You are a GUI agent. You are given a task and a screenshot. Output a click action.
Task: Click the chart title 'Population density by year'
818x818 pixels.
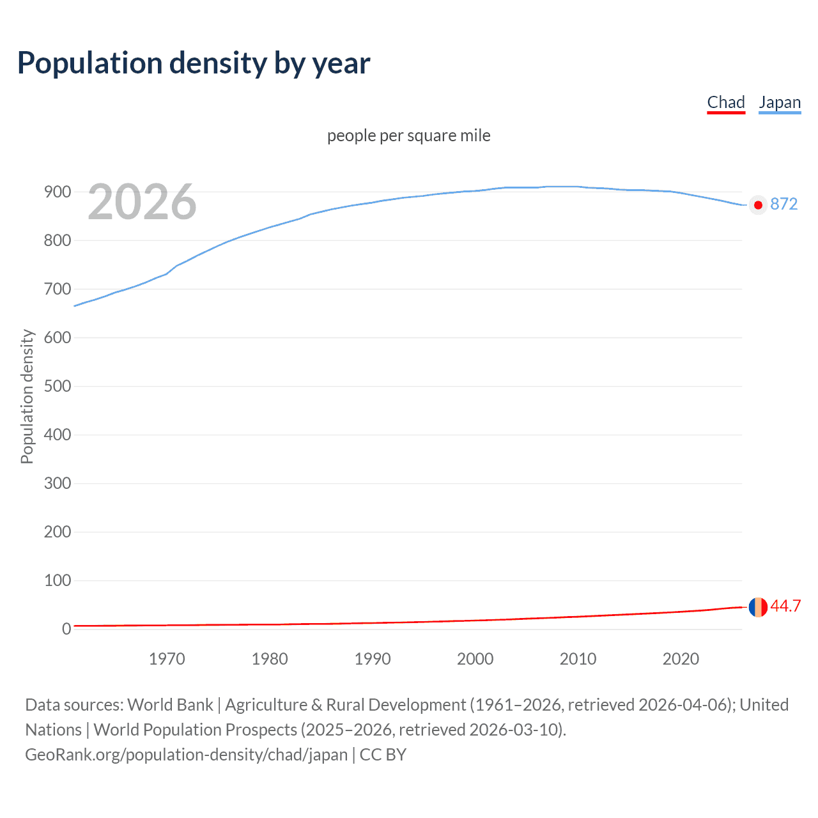(x=194, y=63)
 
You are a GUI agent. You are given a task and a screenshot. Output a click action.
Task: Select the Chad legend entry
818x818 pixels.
(x=726, y=102)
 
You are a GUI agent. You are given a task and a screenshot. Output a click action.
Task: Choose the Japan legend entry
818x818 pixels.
(x=780, y=102)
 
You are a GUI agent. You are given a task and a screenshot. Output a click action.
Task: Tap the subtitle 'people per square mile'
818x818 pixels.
(x=408, y=135)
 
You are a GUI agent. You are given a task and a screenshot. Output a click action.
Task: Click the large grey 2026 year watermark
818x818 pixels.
(x=142, y=202)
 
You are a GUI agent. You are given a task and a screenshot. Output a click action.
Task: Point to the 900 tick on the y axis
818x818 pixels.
(x=58, y=192)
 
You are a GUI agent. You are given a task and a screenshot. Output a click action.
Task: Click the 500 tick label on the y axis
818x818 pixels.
(x=58, y=386)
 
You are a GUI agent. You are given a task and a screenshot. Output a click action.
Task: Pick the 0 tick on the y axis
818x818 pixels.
(x=66, y=629)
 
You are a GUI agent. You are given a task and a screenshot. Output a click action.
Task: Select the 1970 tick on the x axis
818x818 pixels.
(x=167, y=659)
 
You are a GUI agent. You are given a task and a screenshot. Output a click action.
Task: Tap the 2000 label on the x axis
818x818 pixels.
(x=475, y=659)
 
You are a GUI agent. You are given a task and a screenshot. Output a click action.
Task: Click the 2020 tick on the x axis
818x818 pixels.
(x=681, y=659)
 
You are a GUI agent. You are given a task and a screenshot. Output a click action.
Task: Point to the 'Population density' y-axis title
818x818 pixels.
(x=27, y=396)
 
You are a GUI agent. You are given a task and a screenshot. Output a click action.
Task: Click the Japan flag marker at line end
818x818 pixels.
(x=758, y=205)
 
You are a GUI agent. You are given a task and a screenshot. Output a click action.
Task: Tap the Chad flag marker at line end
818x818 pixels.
(x=758, y=607)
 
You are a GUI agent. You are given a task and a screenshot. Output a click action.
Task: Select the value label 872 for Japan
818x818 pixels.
(x=783, y=204)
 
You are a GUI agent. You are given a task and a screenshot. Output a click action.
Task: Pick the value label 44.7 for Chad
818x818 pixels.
(x=785, y=606)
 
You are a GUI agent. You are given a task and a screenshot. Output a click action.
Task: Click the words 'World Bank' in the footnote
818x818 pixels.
(x=170, y=705)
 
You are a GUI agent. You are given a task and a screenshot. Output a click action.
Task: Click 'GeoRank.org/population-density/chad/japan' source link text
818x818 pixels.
(x=186, y=755)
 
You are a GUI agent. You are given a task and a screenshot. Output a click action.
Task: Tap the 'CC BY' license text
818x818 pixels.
(x=383, y=755)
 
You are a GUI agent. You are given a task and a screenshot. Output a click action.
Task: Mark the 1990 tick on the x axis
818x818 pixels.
(x=373, y=659)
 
